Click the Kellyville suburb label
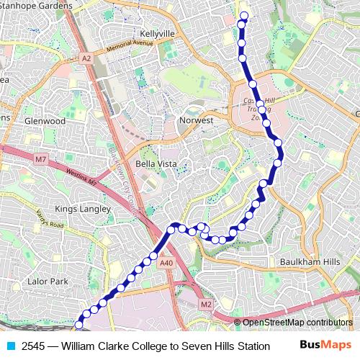[x=158, y=34]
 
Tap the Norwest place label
[x=197, y=120]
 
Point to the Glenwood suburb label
[x=45, y=121]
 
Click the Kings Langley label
[x=84, y=209]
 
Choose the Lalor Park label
[x=47, y=281]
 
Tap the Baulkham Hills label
[x=310, y=261]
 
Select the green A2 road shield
[x=86, y=58]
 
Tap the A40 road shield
[x=167, y=263]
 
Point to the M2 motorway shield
[x=207, y=305]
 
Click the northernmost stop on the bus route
[x=243, y=16]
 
